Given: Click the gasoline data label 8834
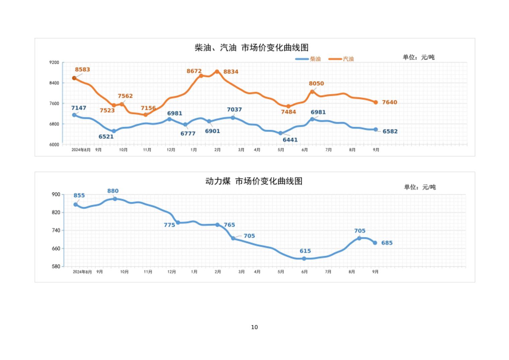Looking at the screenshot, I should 231,72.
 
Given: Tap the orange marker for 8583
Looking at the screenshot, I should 74,78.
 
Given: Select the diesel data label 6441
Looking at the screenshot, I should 290,140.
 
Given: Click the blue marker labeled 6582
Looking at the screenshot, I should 376,129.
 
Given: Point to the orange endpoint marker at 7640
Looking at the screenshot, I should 376,102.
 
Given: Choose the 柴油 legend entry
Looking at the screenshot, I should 308,59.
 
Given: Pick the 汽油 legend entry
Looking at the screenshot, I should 341,59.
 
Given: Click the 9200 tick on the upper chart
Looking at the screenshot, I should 54,62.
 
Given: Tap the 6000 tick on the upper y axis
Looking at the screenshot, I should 54,144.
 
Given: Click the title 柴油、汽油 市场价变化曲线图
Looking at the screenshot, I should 251,48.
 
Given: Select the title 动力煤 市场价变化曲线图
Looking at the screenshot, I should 254,181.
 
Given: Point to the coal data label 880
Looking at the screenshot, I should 113,191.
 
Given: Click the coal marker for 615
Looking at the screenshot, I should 304,258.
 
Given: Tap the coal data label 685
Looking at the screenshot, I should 387,243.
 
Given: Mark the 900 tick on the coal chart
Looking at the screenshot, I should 56,194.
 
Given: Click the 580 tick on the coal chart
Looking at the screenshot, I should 56,266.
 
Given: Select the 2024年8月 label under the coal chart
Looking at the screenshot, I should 82,272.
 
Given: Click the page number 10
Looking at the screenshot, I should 254,327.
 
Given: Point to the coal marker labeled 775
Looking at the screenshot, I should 178,223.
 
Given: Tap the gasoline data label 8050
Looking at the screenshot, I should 316,83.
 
